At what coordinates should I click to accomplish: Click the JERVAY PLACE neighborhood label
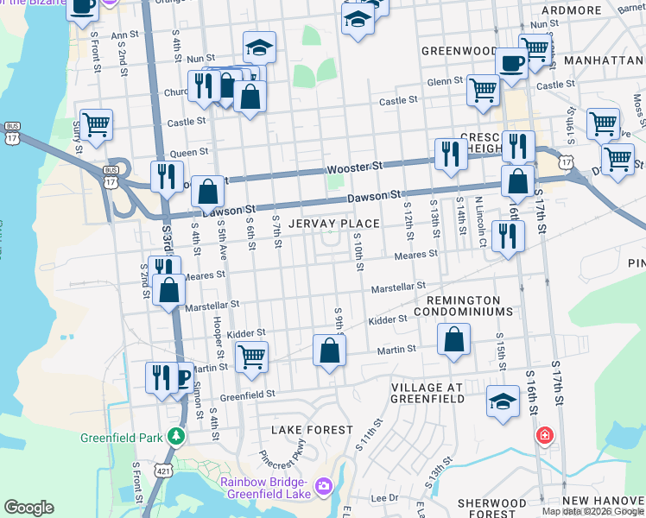click(x=334, y=224)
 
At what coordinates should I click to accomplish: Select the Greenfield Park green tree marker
click(x=177, y=435)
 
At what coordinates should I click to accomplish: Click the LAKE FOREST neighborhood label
click(x=313, y=429)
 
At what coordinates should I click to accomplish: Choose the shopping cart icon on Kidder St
click(x=251, y=356)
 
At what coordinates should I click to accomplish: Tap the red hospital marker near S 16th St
click(x=544, y=435)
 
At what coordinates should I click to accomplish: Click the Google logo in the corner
click(x=28, y=508)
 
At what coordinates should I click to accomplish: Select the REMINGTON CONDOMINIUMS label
click(x=464, y=305)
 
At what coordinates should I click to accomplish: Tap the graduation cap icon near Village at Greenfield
click(x=503, y=401)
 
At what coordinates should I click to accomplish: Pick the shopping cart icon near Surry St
click(x=97, y=124)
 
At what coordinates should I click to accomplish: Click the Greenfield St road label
click(x=247, y=394)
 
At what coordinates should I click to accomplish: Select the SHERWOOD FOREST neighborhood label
click(x=491, y=508)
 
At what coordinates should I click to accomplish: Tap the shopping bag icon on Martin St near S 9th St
click(x=329, y=351)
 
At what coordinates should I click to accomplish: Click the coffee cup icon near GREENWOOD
click(x=511, y=63)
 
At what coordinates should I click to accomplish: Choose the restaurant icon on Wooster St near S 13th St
click(x=451, y=154)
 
